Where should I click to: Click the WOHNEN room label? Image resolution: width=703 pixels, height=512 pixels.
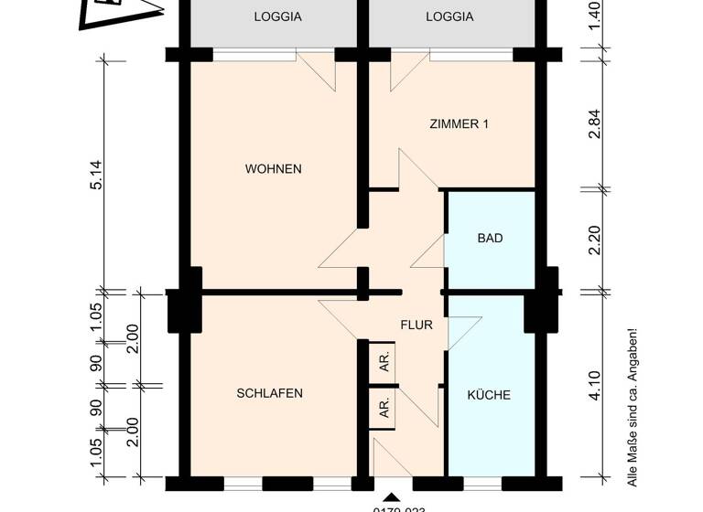click(x=273, y=169)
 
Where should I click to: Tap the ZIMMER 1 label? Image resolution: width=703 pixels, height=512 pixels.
click(x=459, y=124)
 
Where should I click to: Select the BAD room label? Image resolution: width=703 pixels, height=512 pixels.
click(x=490, y=239)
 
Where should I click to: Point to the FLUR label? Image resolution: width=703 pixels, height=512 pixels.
click(x=416, y=324)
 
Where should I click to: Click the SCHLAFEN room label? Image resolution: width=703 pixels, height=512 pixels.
click(x=269, y=394)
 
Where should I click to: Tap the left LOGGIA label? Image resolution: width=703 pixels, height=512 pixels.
click(x=277, y=16)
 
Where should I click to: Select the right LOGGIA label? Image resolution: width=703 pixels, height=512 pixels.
click(x=450, y=16)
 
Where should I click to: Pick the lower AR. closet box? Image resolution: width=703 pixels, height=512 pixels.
click(x=382, y=408)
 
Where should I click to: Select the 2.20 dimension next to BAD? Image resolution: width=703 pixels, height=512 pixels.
click(x=595, y=241)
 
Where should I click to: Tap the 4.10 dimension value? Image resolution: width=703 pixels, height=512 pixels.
click(x=595, y=385)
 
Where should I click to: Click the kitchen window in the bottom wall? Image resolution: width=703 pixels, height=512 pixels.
click(x=490, y=481)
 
